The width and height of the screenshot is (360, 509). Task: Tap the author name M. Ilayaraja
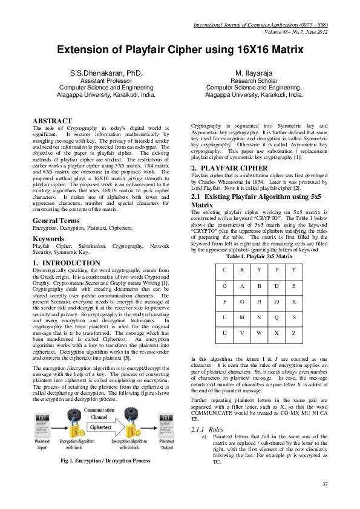pyautogui.click(x=253, y=73)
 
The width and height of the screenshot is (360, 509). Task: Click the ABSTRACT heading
pyautogui.click(x=52, y=121)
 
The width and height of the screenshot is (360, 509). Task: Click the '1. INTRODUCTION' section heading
pyautogui.click(x=66, y=263)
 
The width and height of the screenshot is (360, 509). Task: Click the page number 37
pyautogui.click(x=325, y=484)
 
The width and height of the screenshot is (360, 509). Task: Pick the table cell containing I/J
pyautogui.click(x=276, y=300)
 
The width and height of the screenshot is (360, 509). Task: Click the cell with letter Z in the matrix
pyautogui.click(x=293, y=333)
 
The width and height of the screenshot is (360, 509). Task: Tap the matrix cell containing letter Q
pyautogui.click(x=276, y=317)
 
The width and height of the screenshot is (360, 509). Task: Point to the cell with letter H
pyautogui.click(x=259, y=300)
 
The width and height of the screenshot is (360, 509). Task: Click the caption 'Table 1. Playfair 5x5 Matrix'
pyautogui.click(x=259, y=256)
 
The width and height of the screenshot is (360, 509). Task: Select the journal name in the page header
pyautogui.click(x=260, y=25)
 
